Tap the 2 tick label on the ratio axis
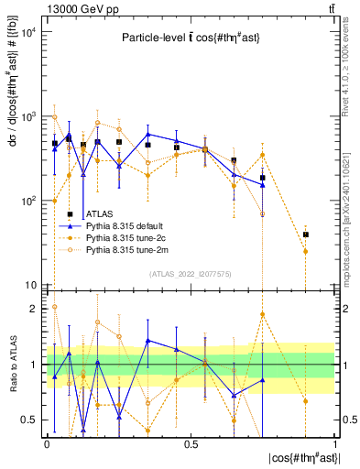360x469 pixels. coord(34,310)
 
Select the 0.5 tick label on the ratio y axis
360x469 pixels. coord(30,420)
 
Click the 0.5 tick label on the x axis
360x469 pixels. coord(191,442)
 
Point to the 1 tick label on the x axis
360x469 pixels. coord(335,442)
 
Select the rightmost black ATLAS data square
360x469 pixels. coord(306,234)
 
